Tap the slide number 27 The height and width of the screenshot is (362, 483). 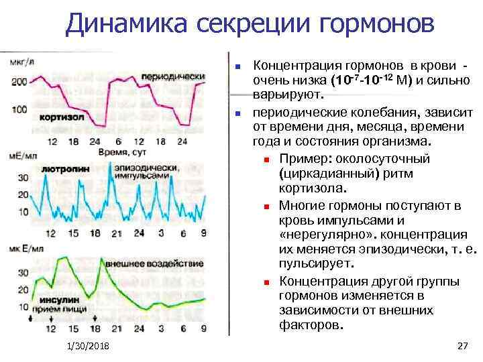click(x=462, y=345)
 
